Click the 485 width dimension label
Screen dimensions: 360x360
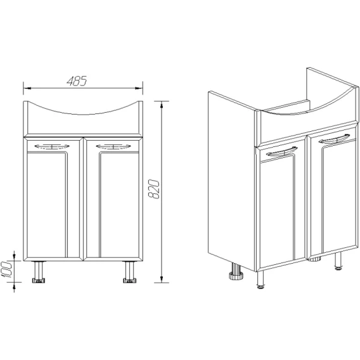(77, 81)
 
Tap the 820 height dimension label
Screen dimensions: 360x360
(154, 189)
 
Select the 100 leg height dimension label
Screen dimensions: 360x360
(7, 269)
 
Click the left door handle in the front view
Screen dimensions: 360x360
(52, 146)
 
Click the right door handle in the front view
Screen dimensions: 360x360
(113, 146)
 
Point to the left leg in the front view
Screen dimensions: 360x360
(39, 272)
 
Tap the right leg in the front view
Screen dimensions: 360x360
(130, 272)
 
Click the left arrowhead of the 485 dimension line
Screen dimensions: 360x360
(27, 88)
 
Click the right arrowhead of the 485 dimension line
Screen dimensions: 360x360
(139, 88)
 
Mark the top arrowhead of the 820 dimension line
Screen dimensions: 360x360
(162, 105)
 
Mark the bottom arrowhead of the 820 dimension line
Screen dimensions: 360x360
(162, 279)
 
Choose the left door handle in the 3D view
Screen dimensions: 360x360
(282, 152)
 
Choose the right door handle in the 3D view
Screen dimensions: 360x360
(335, 139)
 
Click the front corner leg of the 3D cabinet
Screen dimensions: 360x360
(260, 280)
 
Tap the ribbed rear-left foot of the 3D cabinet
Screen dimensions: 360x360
(236, 271)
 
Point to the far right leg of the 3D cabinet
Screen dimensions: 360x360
(338, 260)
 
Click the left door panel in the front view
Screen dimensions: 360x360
(53, 199)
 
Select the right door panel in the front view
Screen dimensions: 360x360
(113, 199)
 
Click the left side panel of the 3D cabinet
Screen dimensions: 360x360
(232, 181)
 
